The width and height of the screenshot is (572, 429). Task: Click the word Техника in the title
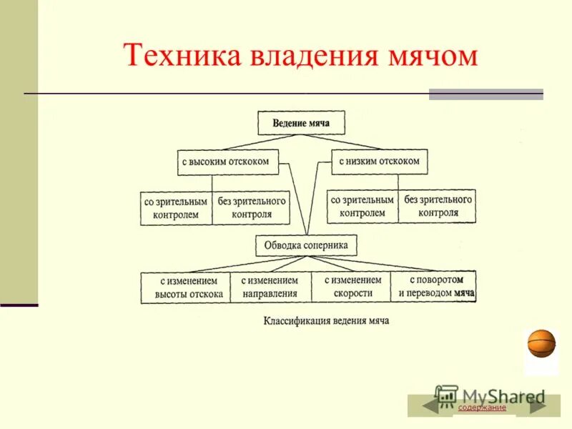coord(181,55)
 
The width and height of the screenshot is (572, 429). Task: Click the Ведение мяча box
coord(301,123)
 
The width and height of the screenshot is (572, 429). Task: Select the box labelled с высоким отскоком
coord(225,162)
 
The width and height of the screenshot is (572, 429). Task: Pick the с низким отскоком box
coord(379,162)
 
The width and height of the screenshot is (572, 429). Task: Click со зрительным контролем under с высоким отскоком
coord(176,207)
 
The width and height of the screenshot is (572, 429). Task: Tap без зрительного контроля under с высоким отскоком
coord(252,207)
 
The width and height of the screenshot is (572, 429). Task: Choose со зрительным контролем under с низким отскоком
coord(363,206)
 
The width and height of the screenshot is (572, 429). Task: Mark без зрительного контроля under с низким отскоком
coord(437,206)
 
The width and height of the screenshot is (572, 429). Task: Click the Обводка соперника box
coord(306,245)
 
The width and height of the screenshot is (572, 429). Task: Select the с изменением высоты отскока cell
coord(185,287)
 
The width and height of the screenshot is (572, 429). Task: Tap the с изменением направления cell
coord(270,287)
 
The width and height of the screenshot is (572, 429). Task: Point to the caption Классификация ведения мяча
coord(326,321)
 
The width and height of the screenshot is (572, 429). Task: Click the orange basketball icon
coord(541,343)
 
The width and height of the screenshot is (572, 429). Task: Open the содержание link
coord(482,408)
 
